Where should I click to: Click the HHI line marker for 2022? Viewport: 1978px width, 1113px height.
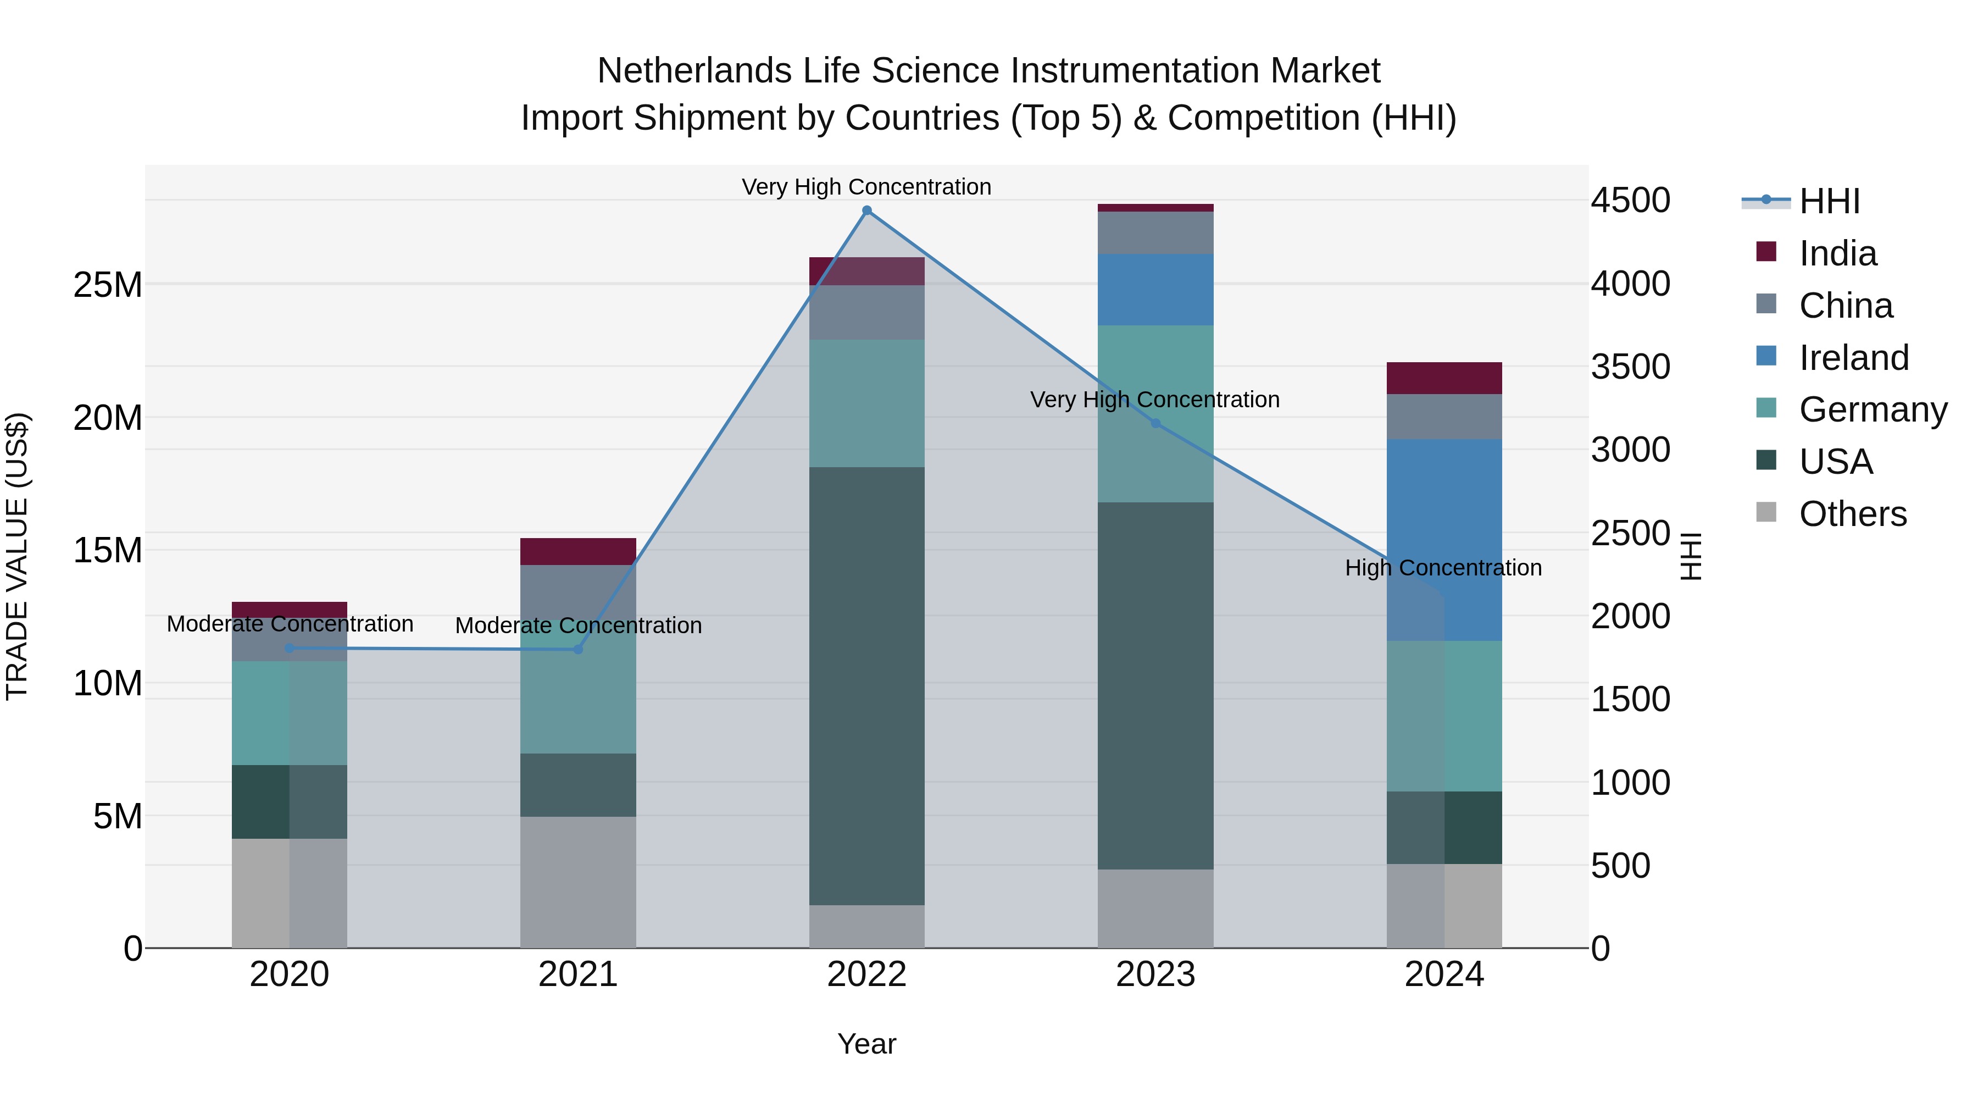pyautogui.click(x=867, y=211)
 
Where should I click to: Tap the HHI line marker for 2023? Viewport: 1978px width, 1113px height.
pyautogui.click(x=1155, y=423)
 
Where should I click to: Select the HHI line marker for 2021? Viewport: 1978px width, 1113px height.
pyautogui.click(x=578, y=649)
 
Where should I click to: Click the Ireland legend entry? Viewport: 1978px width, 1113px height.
pyautogui.click(x=1853, y=358)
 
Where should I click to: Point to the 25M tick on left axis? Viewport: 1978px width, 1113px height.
pyautogui.click(x=108, y=285)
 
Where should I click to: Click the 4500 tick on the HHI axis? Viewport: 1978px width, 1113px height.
pyautogui.click(x=1630, y=201)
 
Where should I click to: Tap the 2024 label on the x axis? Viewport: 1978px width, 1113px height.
pyautogui.click(x=1443, y=974)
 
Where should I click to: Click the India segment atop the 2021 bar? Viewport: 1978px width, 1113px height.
pyautogui.click(x=578, y=551)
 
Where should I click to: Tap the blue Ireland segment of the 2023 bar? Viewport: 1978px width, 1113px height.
pyautogui.click(x=1155, y=290)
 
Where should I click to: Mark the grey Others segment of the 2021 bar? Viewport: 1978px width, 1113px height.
pyautogui.click(x=578, y=882)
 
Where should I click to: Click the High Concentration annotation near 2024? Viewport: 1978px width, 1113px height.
pyautogui.click(x=1443, y=568)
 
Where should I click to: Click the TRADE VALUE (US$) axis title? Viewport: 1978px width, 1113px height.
pyautogui.click(x=17, y=556)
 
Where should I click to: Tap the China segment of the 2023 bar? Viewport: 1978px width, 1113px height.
pyautogui.click(x=1155, y=232)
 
